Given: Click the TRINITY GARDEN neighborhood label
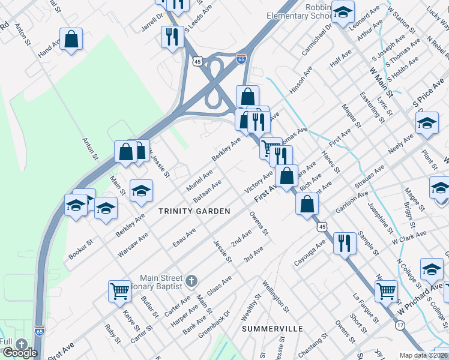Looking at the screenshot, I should click(x=194, y=211).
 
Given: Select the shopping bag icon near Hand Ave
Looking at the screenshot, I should click(x=71, y=40).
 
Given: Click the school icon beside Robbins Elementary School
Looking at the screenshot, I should click(x=343, y=12).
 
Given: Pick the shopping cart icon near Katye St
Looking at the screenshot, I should click(x=120, y=291).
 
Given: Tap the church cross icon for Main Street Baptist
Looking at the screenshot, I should click(x=191, y=281).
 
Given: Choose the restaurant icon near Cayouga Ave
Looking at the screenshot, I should click(x=345, y=243).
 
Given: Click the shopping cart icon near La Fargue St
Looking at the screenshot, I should click(x=386, y=291).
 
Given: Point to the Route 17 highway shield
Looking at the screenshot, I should click(x=400, y=324).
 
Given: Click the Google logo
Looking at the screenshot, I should click(x=20, y=352).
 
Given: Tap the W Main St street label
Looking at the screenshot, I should click(x=381, y=82).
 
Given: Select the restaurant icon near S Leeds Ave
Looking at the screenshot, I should click(x=172, y=37).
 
